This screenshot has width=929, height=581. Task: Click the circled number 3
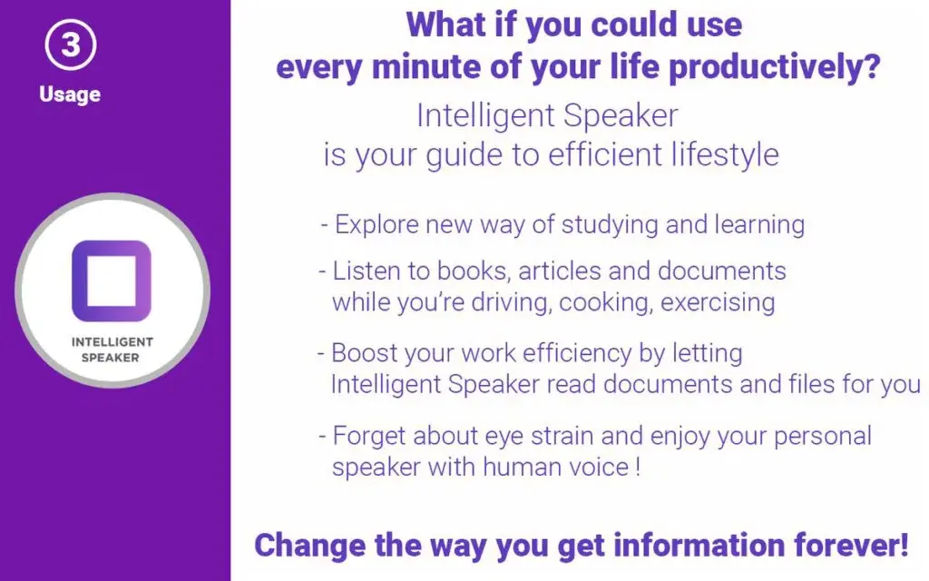click(x=71, y=44)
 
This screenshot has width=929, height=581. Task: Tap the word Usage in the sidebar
click(x=70, y=94)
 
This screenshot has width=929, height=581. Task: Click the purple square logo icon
click(x=112, y=281)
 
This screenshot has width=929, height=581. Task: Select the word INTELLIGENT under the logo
click(x=112, y=342)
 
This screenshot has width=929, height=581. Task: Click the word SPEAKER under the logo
click(x=110, y=358)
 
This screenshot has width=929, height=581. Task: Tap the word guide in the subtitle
click(x=464, y=156)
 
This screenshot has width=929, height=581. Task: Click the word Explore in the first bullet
click(x=376, y=225)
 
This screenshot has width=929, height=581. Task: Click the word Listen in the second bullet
click(x=365, y=271)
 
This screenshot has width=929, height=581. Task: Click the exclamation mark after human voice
click(x=638, y=467)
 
